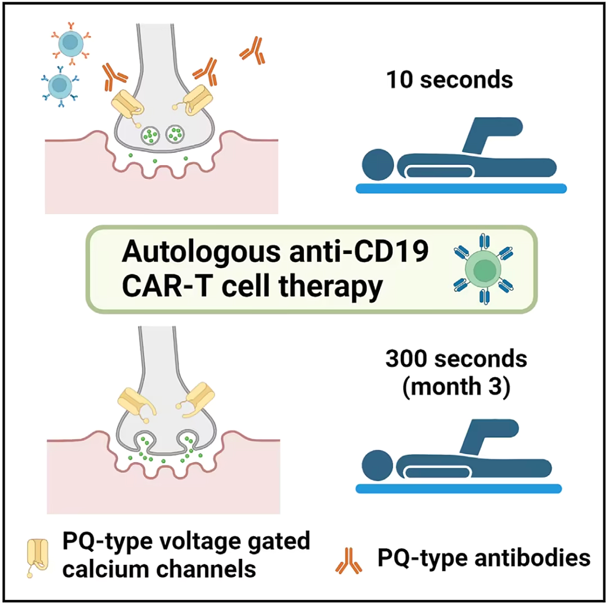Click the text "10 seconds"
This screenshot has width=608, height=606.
pyautogui.click(x=449, y=80)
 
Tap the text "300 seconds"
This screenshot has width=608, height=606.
pyautogui.click(x=456, y=359)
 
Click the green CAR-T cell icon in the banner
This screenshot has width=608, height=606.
pyautogui.click(x=483, y=269)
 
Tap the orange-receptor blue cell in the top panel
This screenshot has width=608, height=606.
pyautogui.click(x=70, y=43)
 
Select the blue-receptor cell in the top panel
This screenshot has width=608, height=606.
pyautogui.click(x=60, y=87)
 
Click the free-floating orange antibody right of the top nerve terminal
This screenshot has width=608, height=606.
pyautogui.click(x=253, y=51)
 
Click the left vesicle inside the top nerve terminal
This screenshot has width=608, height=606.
pyautogui.click(x=150, y=135)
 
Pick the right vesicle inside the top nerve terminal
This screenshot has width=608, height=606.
pyautogui.click(x=175, y=134)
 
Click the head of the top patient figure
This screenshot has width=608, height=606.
pyautogui.click(x=378, y=165)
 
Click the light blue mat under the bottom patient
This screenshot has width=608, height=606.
pyautogui.click(x=459, y=489)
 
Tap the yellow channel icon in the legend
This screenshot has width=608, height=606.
pyautogui.click(x=38, y=557)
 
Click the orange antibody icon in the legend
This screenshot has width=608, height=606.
pyautogui.click(x=348, y=560)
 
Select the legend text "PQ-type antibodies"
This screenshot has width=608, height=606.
pyautogui.click(x=484, y=558)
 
